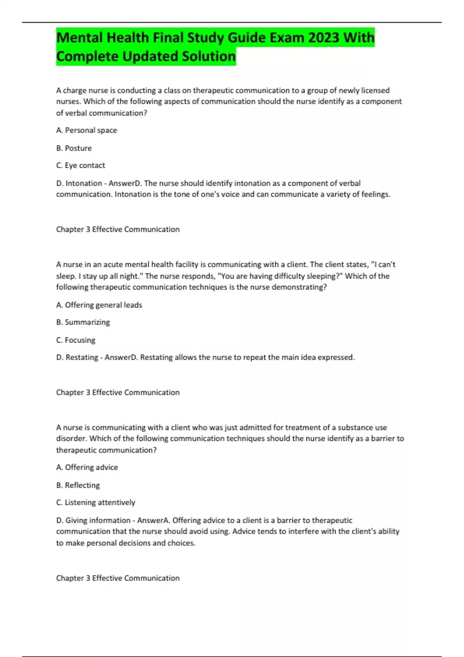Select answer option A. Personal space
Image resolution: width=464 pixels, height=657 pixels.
tap(87, 130)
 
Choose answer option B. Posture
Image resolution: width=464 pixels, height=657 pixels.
tap(74, 148)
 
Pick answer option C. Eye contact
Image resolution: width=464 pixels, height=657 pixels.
tap(80, 165)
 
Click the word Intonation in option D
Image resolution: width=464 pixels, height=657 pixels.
tap(84, 183)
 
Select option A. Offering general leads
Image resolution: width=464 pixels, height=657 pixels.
tap(99, 305)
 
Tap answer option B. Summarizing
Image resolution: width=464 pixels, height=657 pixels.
tap(83, 322)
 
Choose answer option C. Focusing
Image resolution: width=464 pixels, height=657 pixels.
tap(76, 340)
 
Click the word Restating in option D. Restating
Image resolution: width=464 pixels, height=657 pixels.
tap(82, 357)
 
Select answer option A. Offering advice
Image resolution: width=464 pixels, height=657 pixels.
tap(87, 467)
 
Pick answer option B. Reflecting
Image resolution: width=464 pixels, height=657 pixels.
tap(78, 485)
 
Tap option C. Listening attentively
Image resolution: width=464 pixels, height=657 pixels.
tap(96, 502)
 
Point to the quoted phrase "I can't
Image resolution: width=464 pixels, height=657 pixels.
tap(383, 265)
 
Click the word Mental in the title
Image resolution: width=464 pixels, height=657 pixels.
tap(80, 38)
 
